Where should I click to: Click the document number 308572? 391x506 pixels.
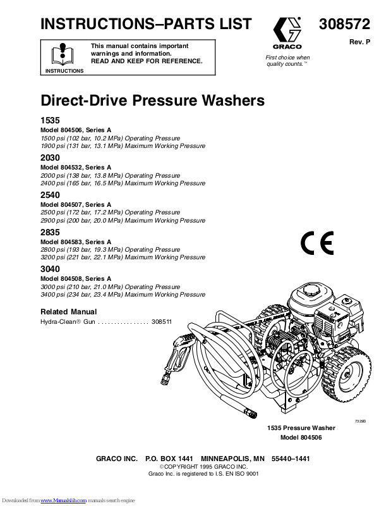[x=344, y=25]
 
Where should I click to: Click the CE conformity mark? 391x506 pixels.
[x=316, y=244]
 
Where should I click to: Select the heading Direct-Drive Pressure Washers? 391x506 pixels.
[x=152, y=101]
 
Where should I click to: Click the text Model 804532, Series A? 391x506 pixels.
[x=76, y=167]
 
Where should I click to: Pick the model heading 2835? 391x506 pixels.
[x=51, y=233]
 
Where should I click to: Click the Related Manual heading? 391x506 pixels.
[x=69, y=312]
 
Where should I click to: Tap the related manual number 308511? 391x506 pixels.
[x=162, y=322]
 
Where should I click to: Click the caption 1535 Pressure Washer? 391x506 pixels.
[x=302, y=428]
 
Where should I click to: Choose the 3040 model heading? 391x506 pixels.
[x=51, y=268]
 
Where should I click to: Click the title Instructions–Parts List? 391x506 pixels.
[x=146, y=25]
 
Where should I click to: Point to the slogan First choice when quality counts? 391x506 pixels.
[x=287, y=61]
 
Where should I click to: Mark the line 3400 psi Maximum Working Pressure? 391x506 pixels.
[x=123, y=295]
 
